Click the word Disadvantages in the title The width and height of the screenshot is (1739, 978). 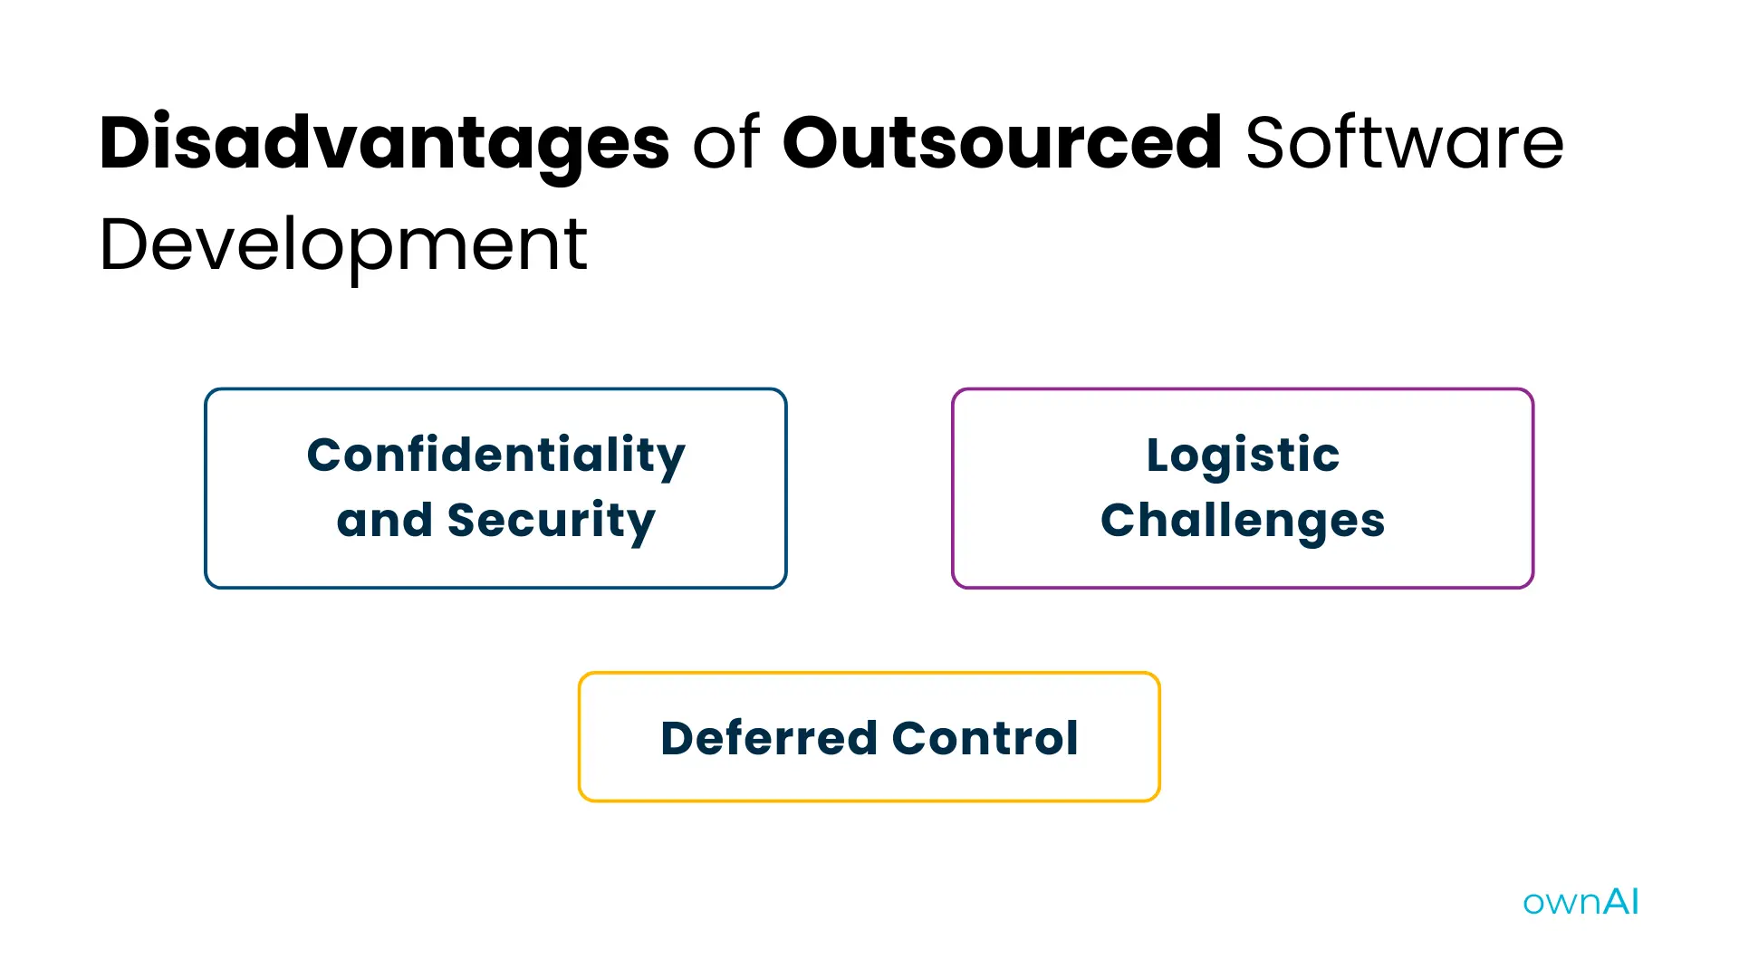tap(384, 143)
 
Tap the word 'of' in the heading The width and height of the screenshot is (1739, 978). tap(725, 143)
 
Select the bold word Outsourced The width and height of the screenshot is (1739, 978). tap(1002, 143)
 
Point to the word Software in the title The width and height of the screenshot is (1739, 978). tap(1405, 143)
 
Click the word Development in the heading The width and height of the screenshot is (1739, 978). tap(343, 245)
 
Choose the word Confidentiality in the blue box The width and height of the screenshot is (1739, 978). tap(495, 455)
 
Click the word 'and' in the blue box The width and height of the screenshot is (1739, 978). tap(384, 521)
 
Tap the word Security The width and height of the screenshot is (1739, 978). tap(551, 522)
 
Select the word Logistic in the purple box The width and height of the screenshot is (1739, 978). tap(1243, 455)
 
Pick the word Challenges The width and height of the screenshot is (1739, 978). tap(1243, 522)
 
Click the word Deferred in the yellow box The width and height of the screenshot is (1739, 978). tap(769, 738)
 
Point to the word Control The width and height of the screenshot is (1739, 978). tap(985, 738)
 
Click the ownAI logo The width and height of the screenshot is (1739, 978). tap(1580, 902)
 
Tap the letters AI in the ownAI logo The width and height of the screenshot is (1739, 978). tap(1621, 901)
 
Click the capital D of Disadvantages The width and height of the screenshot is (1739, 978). tap(125, 143)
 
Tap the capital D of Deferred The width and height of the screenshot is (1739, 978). tap(680, 738)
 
